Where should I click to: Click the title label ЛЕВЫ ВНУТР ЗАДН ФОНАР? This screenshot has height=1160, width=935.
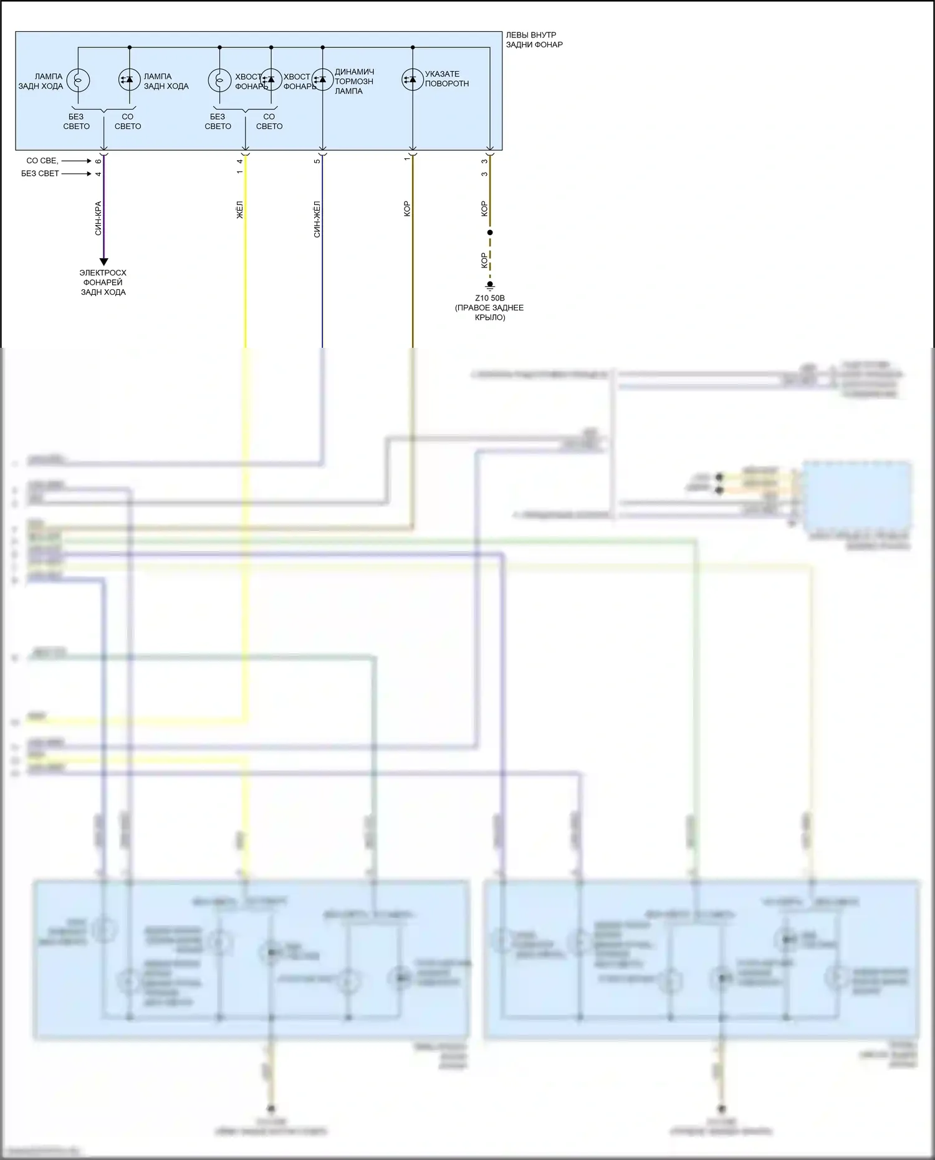tap(534, 40)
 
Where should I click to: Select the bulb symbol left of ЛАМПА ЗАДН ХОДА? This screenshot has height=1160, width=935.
tap(78, 80)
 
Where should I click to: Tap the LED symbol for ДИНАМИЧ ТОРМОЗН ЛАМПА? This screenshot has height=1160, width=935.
tap(322, 80)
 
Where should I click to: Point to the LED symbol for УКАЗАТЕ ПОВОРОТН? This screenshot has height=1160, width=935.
tap(412, 80)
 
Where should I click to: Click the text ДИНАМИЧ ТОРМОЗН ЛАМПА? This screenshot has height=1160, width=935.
tap(354, 82)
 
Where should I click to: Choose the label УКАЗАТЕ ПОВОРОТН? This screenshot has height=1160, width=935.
tap(447, 79)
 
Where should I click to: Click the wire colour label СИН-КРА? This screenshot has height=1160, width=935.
tap(98, 218)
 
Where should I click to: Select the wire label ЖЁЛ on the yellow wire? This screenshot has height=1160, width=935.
tap(240, 209)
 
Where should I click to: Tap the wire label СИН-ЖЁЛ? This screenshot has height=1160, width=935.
tap(317, 219)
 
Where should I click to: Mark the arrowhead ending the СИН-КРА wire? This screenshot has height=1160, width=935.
tap(104, 262)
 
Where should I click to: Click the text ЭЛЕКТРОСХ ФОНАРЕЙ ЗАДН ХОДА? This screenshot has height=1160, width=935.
tap(103, 282)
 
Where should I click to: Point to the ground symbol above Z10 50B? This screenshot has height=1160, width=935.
tap(490, 287)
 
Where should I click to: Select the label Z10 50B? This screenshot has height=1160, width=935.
tap(490, 298)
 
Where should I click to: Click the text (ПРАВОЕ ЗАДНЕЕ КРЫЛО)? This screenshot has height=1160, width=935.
tap(489, 312)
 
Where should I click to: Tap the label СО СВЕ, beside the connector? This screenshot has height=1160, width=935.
tap(42, 161)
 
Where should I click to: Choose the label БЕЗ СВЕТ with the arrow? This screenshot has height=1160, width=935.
tap(40, 173)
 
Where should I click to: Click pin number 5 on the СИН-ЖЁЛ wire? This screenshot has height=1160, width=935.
tap(317, 161)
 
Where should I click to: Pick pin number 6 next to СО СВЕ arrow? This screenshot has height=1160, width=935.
tap(98, 161)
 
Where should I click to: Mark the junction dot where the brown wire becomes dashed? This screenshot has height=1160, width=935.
tap(490, 232)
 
